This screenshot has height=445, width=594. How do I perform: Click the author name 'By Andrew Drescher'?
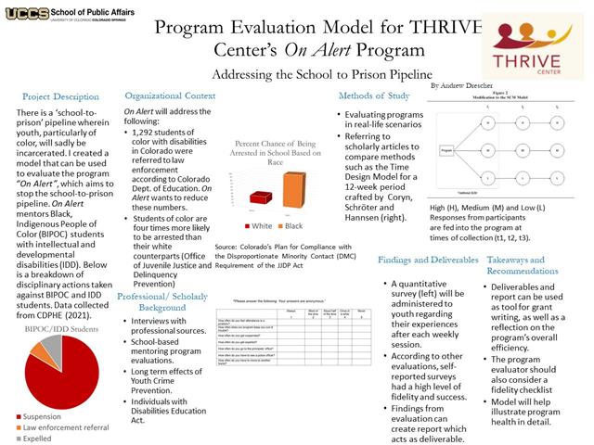[x=467, y=84]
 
